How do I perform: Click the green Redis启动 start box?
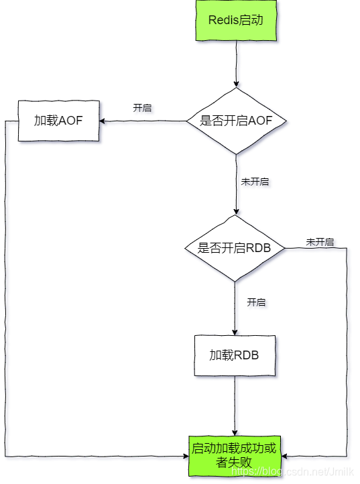[x=236, y=20]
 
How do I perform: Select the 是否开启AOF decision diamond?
[x=235, y=121]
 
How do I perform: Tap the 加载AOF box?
[x=58, y=121]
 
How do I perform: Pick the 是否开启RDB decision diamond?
[x=235, y=248]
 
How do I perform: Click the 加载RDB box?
[x=235, y=355]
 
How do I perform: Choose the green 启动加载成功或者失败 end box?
[x=234, y=455]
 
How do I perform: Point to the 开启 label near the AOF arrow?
[x=142, y=108]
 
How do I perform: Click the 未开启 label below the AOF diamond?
[x=255, y=182]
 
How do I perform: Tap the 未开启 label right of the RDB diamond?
[x=320, y=241]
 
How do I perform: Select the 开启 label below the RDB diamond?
[x=256, y=302]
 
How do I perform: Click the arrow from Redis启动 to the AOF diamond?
[x=236, y=64]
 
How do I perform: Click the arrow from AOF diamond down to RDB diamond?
[x=236, y=184]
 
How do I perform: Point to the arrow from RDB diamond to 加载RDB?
[x=235, y=308]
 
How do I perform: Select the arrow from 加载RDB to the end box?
[x=235, y=406]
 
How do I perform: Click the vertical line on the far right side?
[x=347, y=349]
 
